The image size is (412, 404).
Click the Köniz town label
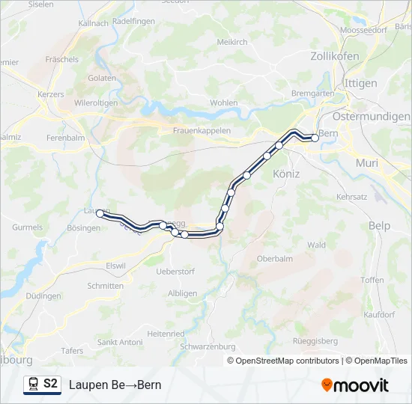[x=286, y=174]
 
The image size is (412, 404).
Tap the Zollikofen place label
[x=334, y=56]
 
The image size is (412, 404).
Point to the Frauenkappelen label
[x=202, y=130]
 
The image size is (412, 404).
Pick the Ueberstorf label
[x=175, y=272]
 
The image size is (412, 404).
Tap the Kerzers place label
[x=51, y=95]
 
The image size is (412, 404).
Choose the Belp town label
[x=380, y=225]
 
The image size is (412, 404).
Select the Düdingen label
[x=43, y=296]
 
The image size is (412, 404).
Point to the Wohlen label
[x=224, y=102]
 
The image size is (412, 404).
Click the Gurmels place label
[x=28, y=227]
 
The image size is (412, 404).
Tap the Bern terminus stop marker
[x=315, y=138]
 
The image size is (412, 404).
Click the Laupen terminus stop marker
[x=100, y=214]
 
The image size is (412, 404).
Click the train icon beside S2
[x=33, y=385]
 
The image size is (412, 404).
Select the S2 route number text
[x=50, y=384]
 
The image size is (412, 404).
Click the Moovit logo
[x=355, y=385]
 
